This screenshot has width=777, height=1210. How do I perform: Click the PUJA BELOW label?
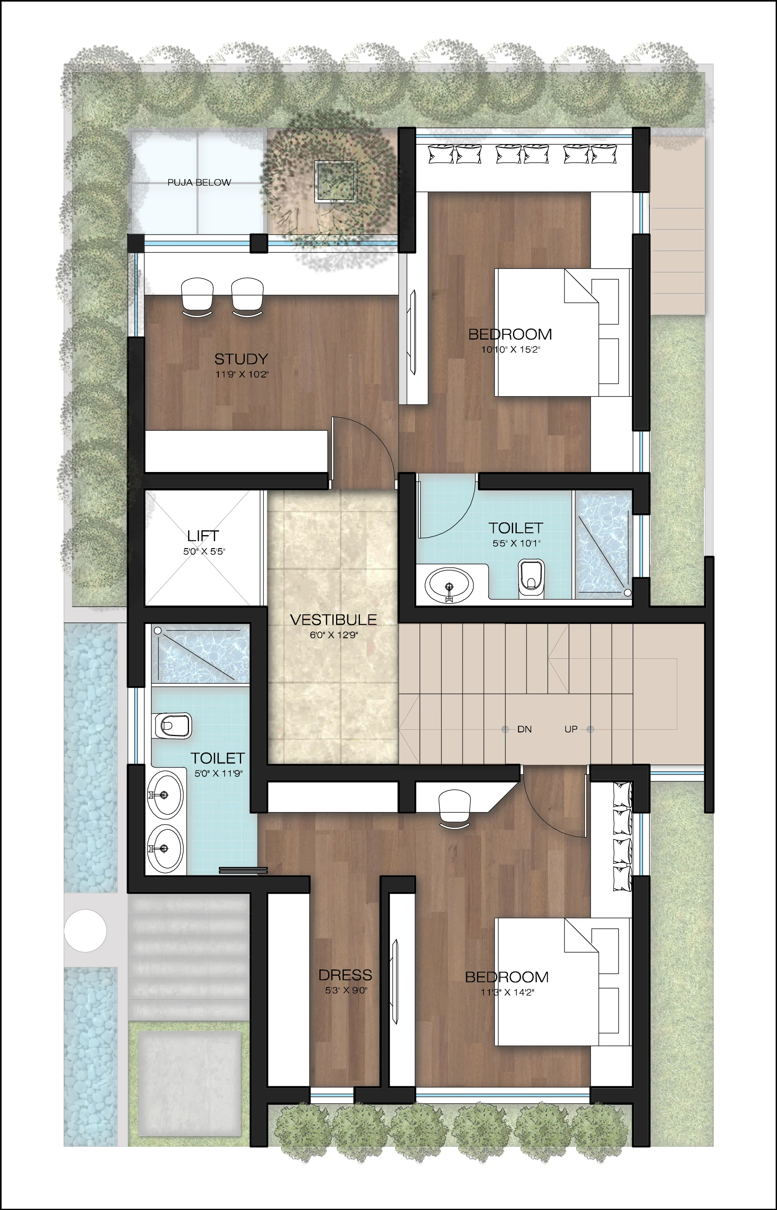(199, 183)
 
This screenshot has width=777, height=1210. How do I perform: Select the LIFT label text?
(203, 535)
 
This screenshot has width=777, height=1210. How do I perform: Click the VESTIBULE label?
(333, 620)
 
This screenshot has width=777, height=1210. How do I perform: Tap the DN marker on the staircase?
(524, 729)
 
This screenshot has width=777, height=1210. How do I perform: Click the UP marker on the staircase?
(571, 729)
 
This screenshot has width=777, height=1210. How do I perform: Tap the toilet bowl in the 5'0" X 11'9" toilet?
(172, 726)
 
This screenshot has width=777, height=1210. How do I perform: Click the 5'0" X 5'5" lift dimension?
(204, 552)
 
